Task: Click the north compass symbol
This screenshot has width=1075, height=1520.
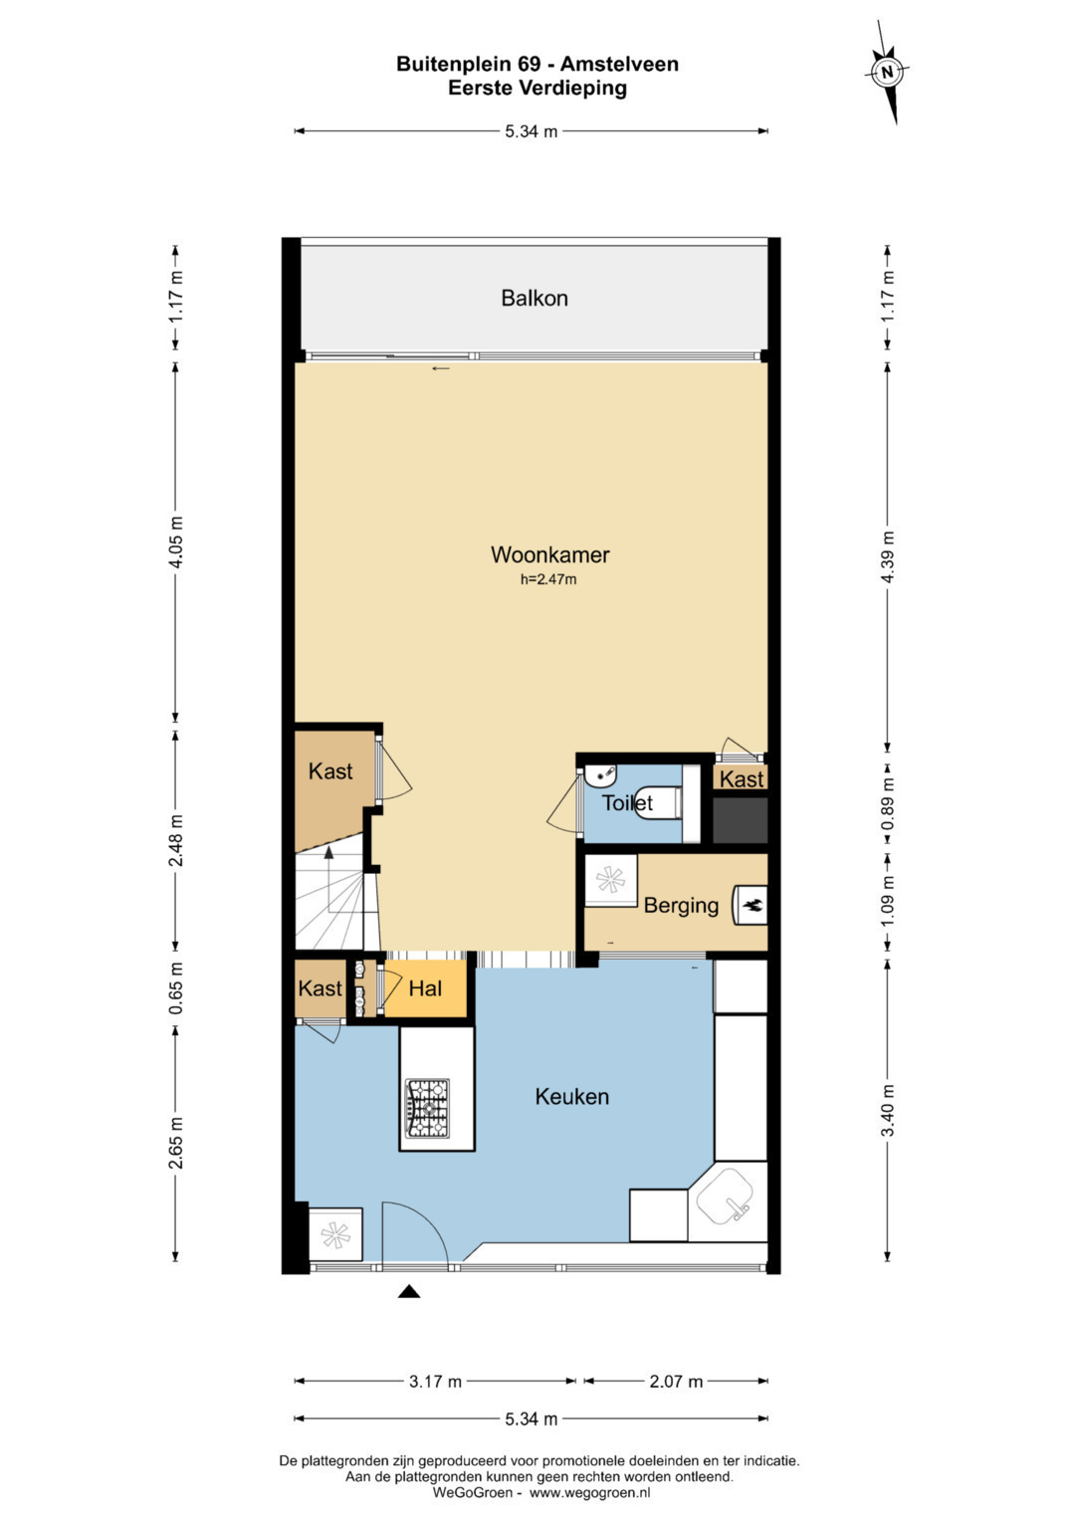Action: click(887, 72)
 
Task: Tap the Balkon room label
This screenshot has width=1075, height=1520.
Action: click(535, 298)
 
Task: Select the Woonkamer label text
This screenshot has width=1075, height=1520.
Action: click(549, 554)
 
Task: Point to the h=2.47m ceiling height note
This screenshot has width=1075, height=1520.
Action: click(548, 579)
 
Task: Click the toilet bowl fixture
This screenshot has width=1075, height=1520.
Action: click(658, 804)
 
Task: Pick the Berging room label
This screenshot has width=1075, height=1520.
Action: click(681, 905)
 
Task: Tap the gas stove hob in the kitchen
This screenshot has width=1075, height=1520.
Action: click(428, 1109)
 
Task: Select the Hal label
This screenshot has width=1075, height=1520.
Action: click(425, 988)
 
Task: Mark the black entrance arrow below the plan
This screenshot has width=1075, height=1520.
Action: click(408, 1291)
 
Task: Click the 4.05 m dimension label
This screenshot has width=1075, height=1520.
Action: click(176, 543)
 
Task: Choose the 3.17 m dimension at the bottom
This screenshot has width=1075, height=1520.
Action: click(435, 1382)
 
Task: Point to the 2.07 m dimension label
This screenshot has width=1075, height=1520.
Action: click(676, 1382)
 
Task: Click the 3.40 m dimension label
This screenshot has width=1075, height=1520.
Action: click(888, 1110)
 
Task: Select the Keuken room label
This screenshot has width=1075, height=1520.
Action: click(571, 1097)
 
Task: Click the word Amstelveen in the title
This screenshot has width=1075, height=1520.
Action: click(619, 65)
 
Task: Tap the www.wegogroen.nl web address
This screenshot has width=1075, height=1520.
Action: click(589, 1493)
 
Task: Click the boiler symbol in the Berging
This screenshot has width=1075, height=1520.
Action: click(750, 905)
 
